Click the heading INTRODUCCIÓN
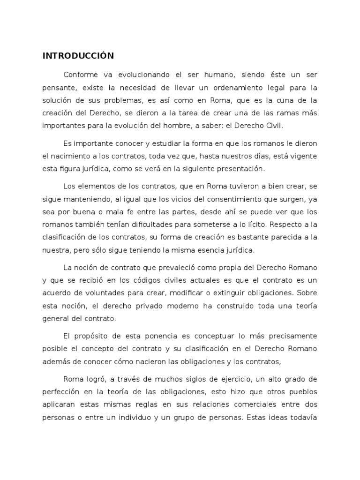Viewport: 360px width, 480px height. tap(78, 56)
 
